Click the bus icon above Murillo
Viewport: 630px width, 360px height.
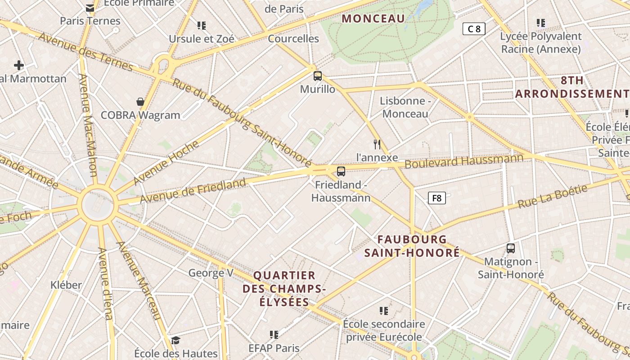tap(318, 76)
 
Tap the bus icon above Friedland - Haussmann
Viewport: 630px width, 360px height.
tap(341, 171)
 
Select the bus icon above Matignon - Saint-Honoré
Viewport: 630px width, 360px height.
tap(511, 248)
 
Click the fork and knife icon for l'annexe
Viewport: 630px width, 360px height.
tap(377, 144)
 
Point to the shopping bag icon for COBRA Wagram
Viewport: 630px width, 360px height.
tap(140, 102)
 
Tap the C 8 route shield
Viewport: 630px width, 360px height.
tap(474, 29)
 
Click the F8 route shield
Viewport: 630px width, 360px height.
tap(436, 198)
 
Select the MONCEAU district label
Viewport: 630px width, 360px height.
tap(373, 18)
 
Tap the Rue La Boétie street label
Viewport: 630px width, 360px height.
tap(553, 196)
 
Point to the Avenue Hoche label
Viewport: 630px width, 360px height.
tap(166, 162)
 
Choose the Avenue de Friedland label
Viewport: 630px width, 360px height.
tap(193, 190)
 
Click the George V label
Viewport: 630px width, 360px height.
tap(211, 273)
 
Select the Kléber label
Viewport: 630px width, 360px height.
tap(66, 285)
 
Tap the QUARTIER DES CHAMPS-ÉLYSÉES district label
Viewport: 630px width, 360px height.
tap(284, 288)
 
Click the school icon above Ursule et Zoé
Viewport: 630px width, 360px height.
tap(201, 25)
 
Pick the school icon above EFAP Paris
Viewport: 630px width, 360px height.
tap(274, 334)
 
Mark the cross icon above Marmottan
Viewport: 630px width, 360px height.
tap(18, 65)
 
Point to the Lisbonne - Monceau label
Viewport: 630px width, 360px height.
tap(405, 107)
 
